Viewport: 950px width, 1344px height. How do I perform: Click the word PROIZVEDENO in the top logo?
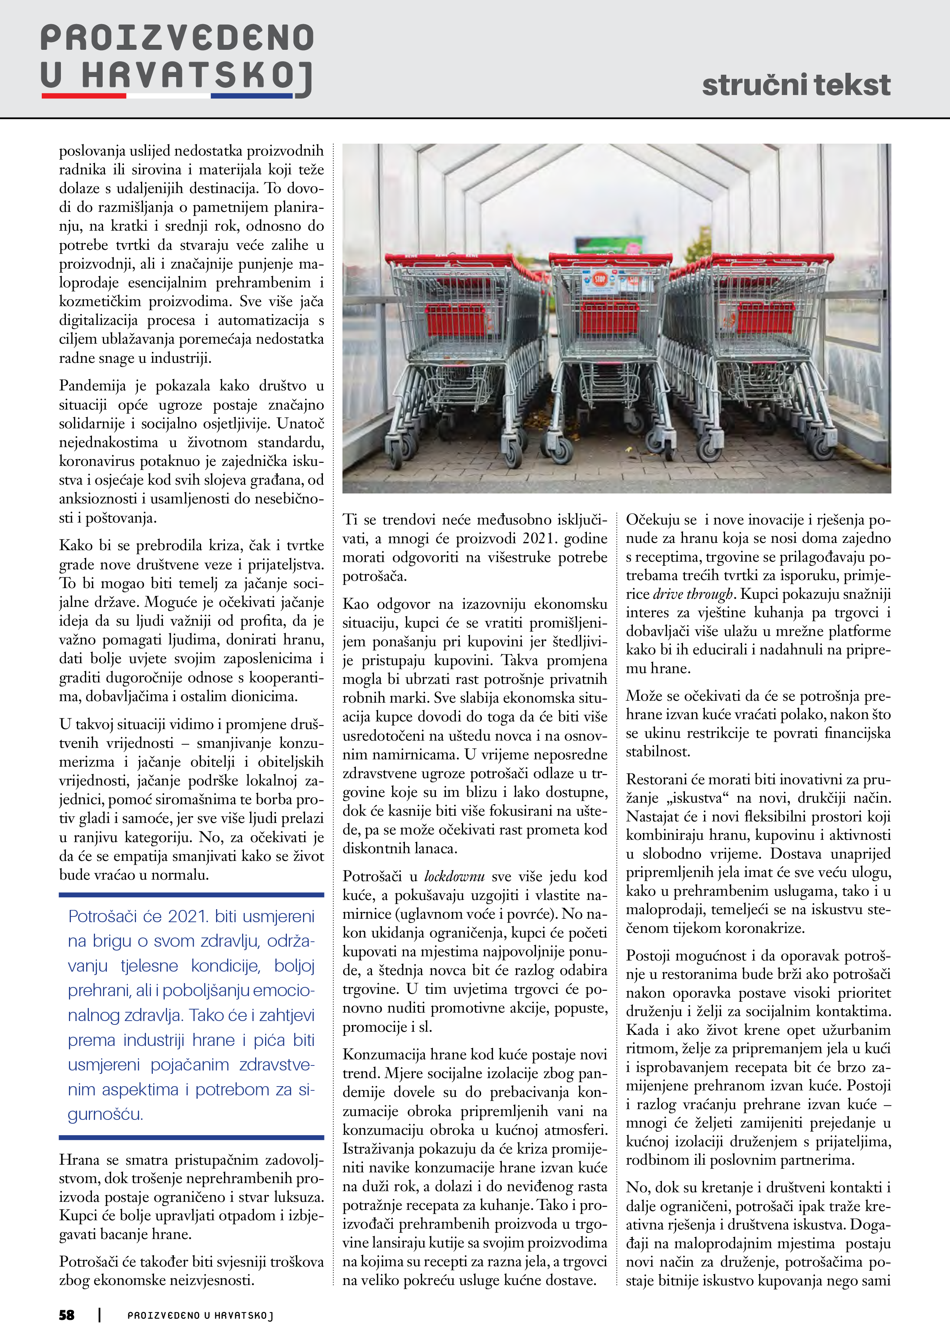click(x=177, y=39)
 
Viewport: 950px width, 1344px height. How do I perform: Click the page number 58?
click(x=67, y=1315)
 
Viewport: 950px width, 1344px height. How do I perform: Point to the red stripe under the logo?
click(x=84, y=95)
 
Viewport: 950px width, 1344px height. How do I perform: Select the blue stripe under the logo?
click(x=251, y=95)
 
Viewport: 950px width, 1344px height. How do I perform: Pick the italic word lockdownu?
click(x=454, y=876)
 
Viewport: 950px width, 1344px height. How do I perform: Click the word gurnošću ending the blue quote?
click(x=105, y=1114)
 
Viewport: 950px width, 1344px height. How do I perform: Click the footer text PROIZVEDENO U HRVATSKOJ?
click(x=200, y=1315)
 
